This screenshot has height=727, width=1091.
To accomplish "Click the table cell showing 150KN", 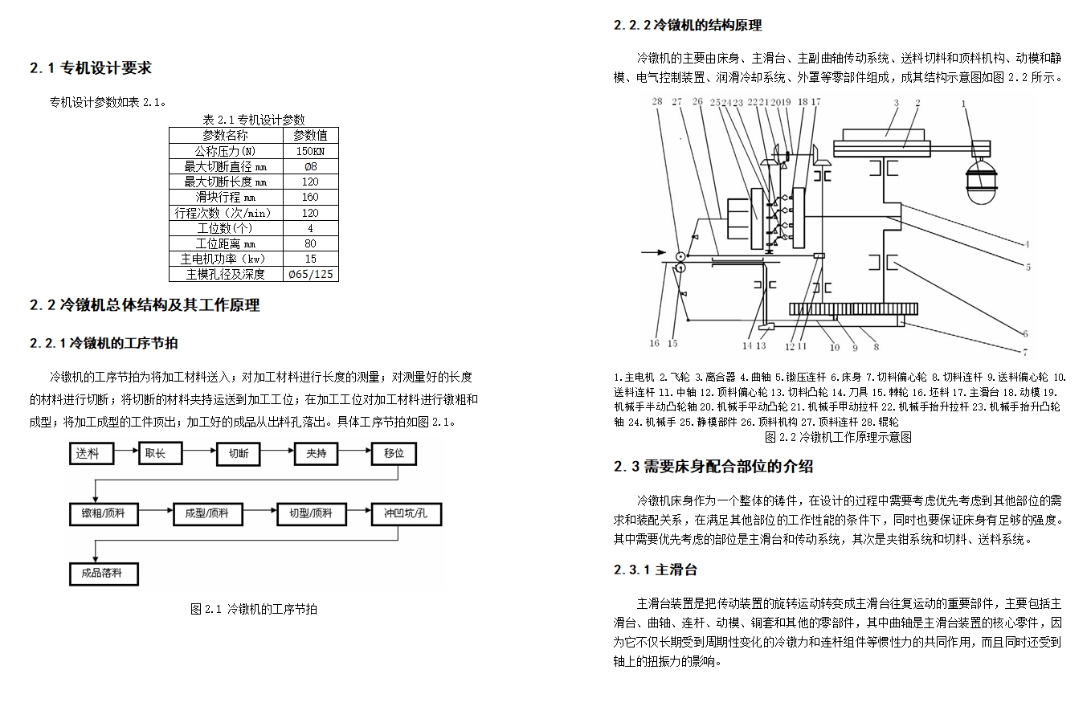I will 310,151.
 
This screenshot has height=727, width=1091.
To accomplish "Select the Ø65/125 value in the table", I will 310,274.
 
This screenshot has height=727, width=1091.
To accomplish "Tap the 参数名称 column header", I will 225,135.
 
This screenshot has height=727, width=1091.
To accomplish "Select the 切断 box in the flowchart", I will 239,454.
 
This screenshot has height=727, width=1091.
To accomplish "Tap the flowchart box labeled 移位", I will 394,454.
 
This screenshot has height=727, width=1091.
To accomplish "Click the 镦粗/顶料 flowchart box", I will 104,513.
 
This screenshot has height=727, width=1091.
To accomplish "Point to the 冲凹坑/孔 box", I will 405,513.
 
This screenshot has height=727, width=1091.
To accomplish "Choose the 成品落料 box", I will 102,574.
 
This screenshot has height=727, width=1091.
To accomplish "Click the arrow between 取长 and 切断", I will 200,454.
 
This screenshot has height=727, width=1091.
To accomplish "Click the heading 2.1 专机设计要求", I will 90,68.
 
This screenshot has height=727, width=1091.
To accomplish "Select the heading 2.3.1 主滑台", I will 655,570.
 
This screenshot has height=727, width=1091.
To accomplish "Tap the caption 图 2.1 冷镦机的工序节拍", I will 253,609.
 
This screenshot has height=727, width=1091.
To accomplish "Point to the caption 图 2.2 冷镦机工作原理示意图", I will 838,437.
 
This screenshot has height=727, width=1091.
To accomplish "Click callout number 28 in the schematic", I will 656,102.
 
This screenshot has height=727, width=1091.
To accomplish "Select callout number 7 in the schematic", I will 1025,352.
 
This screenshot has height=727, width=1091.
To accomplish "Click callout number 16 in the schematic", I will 654,344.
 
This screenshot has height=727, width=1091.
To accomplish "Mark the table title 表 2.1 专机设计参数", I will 253,120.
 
